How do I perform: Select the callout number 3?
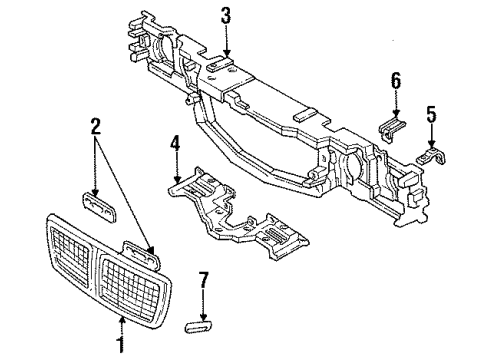pyautogui.click(x=226, y=15)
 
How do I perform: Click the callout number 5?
pyautogui.click(x=431, y=115)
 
